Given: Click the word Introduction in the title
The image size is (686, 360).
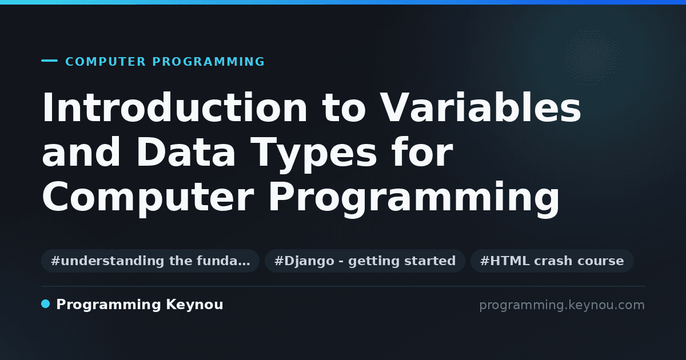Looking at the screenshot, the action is point(174,107).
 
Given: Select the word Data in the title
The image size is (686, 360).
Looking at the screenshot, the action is point(186,152).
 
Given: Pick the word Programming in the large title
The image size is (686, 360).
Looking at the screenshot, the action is point(414,198).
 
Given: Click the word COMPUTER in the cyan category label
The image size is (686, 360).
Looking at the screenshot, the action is point(106,62).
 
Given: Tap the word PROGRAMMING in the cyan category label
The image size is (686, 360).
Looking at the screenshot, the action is point(209,62).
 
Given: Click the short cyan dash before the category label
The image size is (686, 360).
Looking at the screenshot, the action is point(49,61).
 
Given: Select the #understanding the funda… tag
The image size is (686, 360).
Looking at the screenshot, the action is point(150,261).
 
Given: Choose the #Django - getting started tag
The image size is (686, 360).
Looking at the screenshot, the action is point(365,261).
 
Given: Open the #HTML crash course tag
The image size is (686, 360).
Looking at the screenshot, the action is point(552,261).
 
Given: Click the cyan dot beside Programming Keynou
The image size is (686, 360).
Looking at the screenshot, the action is point(46,304).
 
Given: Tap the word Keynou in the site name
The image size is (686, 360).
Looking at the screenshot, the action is point(194,305).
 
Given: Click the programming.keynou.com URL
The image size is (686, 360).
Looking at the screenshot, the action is point(562,305).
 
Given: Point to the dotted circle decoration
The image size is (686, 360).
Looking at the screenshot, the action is point(592,57).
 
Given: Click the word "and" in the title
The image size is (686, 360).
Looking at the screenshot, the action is point(81,152).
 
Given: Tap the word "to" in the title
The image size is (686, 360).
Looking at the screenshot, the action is point(344,109).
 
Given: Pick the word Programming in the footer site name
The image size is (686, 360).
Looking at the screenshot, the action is point(109,305).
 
